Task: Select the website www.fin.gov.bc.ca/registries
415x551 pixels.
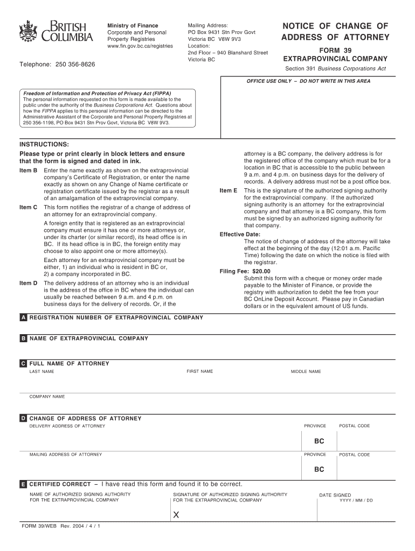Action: (140, 46)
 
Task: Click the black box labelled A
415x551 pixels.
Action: (23, 318)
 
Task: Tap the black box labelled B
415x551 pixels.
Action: (23, 339)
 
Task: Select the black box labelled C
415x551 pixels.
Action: (23, 364)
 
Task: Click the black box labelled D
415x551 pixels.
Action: (23, 419)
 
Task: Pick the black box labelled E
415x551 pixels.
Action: (23, 484)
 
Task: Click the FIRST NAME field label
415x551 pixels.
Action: (199, 372)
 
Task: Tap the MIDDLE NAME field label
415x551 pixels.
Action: (306, 372)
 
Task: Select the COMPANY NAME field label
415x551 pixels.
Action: (47, 397)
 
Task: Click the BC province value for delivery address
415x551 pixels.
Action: (319, 441)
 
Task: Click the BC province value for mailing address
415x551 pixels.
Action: (319, 469)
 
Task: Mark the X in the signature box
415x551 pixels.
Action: (176, 515)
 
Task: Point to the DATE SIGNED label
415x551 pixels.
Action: (335, 495)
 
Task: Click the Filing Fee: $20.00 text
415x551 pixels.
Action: (245, 272)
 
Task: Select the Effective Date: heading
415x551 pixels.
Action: (240, 235)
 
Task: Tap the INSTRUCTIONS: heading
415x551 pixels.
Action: (44, 145)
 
